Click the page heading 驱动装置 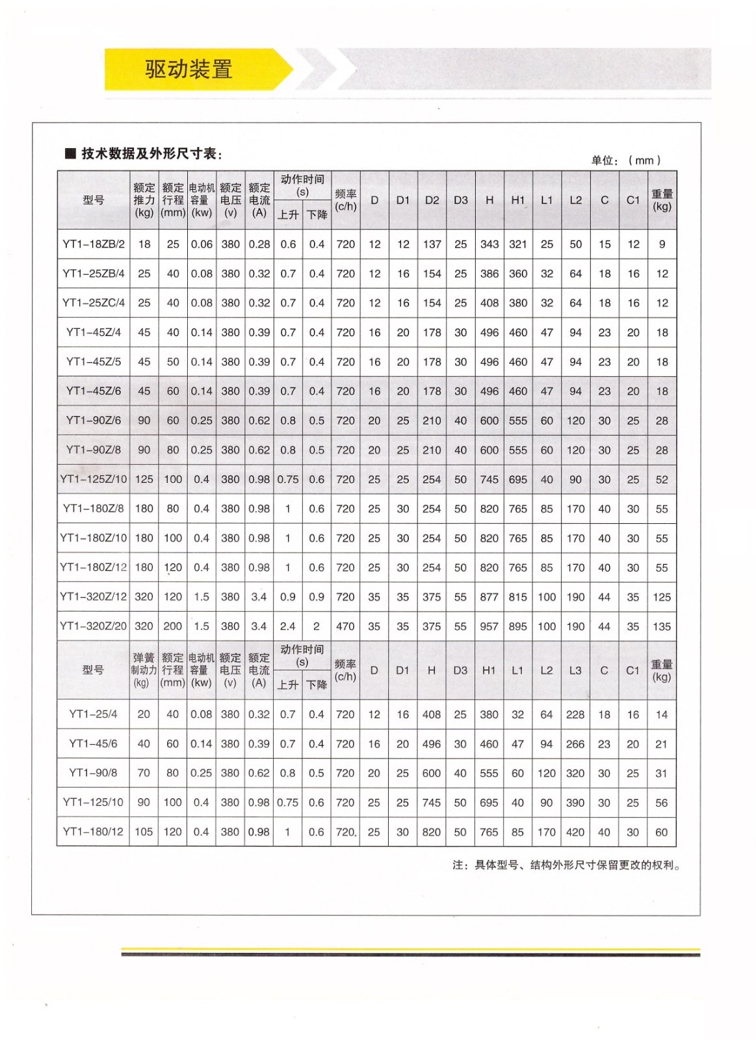pyautogui.click(x=189, y=69)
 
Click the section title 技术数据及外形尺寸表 pyautogui.click(x=151, y=154)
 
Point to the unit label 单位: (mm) pyautogui.click(x=625, y=161)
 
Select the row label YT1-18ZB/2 pyautogui.click(x=94, y=244)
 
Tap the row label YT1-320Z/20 pyautogui.click(x=94, y=627)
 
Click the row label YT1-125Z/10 pyautogui.click(x=94, y=480)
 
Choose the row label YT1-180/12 pyautogui.click(x=93, y=832)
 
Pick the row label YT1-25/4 pyautogui.click(x=93, y=714)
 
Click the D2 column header pyautogui.click(x=432, y=200)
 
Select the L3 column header pyautogui.click(x=575, y=671)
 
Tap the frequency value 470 pyautogui.click(x=345, y=627)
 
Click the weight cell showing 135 pyautogui.click(x=662, y=627)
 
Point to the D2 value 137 pyautogui.click(x=432, y=244)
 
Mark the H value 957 pyautogui.click(x=489, y=627)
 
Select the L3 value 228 pyautogui.click(x=575, y=714)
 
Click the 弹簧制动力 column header pyautogui.click(x=144, y=670)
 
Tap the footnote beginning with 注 pyautogui.click(x=566, y=865)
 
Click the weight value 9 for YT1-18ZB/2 pyautogui.click(x=662, y=244)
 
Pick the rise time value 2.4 pyautogui.click(x=287, y=627)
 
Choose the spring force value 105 pyautogui.click(x=144, y=832)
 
